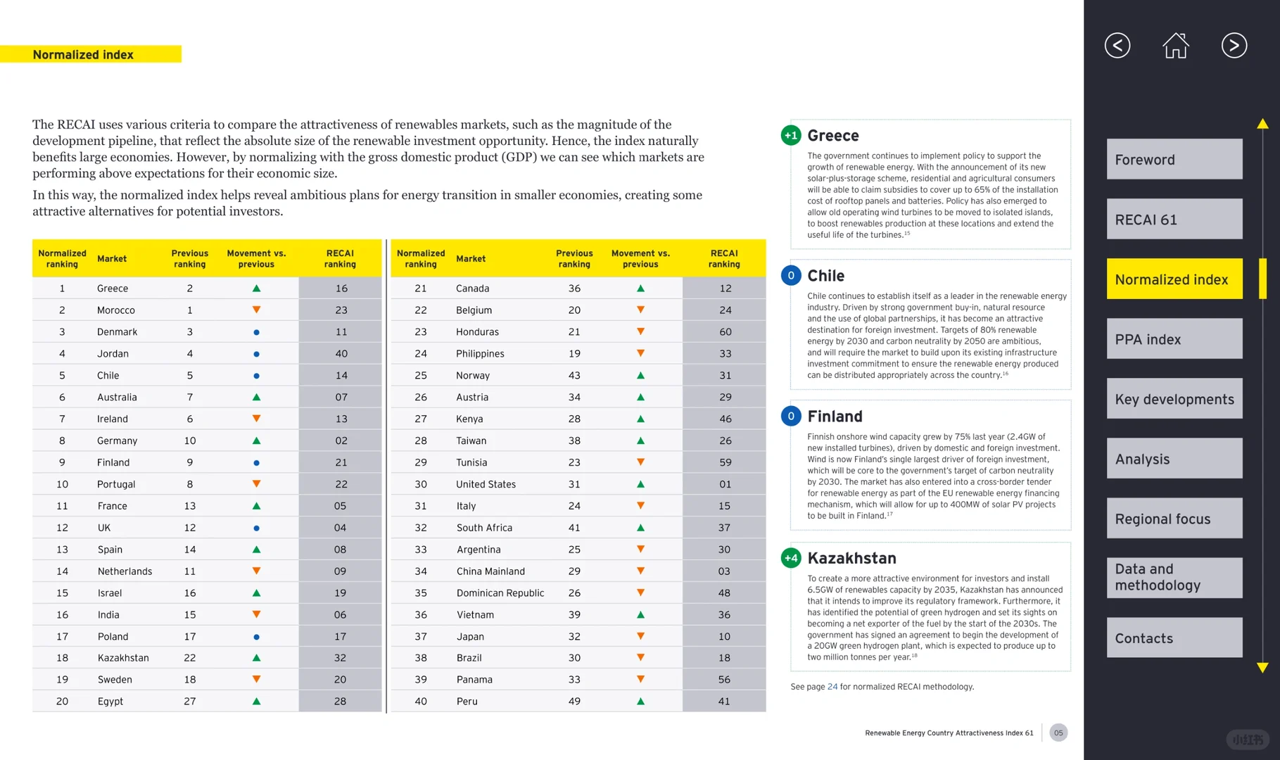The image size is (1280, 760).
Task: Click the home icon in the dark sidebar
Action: (1175, 46)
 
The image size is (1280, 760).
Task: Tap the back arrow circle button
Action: (1117, 46)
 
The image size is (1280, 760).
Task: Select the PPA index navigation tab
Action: (1174, 339)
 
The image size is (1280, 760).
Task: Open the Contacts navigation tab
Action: (1174, 638)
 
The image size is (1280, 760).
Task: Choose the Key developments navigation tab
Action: (1174, 399)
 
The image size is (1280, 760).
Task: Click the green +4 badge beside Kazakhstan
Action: (791, 558)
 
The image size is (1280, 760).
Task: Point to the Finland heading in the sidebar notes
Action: (835, 417)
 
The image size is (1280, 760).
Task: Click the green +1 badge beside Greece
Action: (791, 135)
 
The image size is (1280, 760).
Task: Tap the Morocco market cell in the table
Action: (116, 310)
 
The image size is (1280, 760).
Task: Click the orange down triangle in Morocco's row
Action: (256, 310)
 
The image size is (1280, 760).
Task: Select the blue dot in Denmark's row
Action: (256, 332)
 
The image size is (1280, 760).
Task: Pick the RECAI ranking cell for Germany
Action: (341, 441)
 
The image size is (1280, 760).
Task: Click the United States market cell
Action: (486, 484)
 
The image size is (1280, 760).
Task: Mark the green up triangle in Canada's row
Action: (640, 289)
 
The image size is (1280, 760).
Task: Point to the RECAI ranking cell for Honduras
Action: (725, 332)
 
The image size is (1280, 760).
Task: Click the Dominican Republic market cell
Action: (500, 593)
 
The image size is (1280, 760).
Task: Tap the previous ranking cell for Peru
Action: (574, 702)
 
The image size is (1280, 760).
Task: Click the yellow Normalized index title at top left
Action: (83, 55)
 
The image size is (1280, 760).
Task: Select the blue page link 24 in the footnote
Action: (832, 687)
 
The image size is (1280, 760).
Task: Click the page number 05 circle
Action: (1058, 733)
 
